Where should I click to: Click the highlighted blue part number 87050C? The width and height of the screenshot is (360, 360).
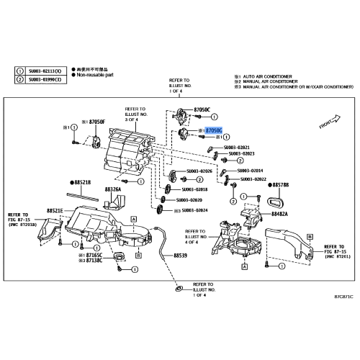pyautogui.click(x=214, y=130)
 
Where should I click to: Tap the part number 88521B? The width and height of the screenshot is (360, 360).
pyautogui.click(x=84, y=184)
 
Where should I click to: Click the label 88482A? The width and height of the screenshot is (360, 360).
pyautogui.click(x=282, y=214)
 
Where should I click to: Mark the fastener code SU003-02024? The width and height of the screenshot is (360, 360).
pyautogui.click(x=194, y=210)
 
